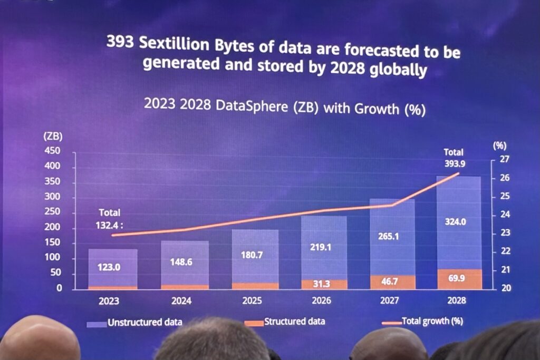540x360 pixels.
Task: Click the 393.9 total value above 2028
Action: tap(453, 162)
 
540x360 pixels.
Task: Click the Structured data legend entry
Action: tap(294, 321)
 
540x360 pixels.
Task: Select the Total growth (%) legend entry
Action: tap(432, 320)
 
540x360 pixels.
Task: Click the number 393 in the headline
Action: tap(120, 42)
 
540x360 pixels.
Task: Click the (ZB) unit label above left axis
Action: tap(53, 137)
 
